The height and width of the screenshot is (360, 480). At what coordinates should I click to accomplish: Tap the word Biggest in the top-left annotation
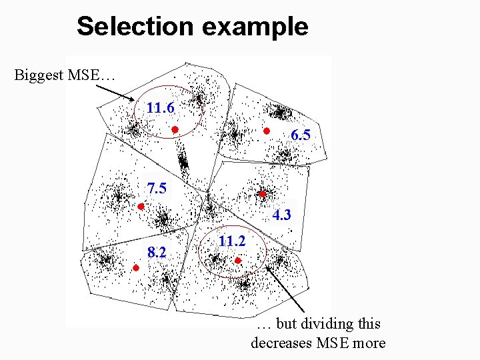point(39,74)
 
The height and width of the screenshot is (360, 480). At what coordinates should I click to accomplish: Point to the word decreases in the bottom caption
point(284,343)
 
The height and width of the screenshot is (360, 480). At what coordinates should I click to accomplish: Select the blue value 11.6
point(161,107)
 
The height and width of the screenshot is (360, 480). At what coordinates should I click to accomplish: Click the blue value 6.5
point(301,135)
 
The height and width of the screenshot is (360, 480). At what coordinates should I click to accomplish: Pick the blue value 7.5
point(157,189)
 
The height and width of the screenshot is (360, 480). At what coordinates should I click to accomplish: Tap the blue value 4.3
point(281,215)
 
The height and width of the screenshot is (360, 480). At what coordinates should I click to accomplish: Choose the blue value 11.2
point(231,241)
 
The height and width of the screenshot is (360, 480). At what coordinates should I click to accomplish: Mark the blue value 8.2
point(157,252)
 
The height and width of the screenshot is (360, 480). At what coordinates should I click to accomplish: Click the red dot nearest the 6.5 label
point(266,131)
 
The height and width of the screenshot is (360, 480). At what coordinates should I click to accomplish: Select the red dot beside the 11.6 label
point(173,130)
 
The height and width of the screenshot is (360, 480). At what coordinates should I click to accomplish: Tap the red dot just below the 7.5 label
point(141,207)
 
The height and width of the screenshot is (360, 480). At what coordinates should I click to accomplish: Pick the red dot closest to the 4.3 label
point(263,194)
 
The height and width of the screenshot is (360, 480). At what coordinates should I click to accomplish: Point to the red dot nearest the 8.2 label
point(135,268)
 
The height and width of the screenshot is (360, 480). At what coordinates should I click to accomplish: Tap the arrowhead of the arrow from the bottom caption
point(268,268)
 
